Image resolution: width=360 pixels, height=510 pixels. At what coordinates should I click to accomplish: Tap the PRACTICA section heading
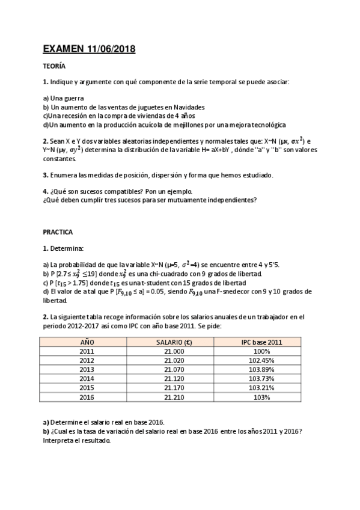coord(58,231)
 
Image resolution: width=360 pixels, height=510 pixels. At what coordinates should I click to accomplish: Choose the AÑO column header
coord(87,342)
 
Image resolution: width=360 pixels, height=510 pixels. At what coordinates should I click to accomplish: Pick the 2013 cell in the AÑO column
coord(87,369)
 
